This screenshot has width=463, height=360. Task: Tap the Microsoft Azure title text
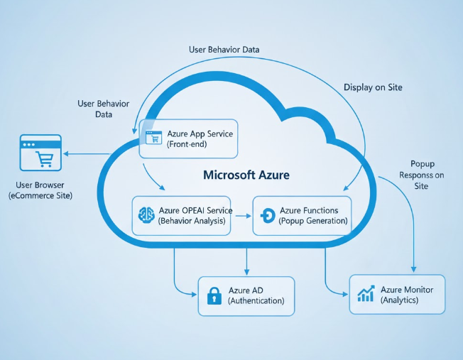pos(246,175)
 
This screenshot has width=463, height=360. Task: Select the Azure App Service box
pos(188,138)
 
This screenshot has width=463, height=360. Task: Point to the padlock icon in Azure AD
pos(214,296)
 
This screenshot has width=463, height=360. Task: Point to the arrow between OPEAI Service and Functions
pos(243,215)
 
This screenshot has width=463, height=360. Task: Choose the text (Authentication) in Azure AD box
pos(256,301)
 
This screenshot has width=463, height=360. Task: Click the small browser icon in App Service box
pos(152,138)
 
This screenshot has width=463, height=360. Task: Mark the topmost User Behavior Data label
pos(224,50)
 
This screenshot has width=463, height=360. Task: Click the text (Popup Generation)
pos(314,221)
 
